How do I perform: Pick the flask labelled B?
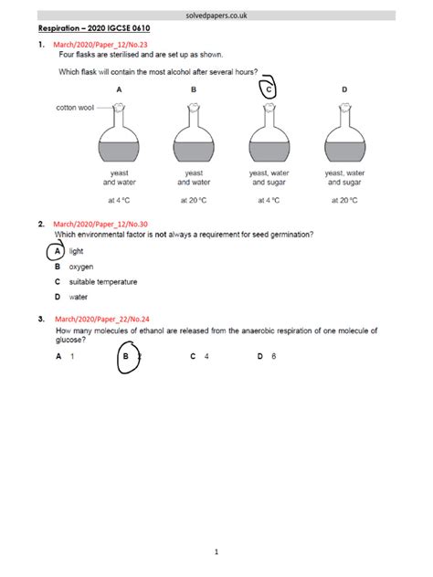(194, 136)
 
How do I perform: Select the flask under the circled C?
(269, 136)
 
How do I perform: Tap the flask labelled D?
(344, 136)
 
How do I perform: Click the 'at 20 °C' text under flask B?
(194, 198)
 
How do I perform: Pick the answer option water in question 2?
(79, 297)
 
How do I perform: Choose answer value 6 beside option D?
(274, 357)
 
